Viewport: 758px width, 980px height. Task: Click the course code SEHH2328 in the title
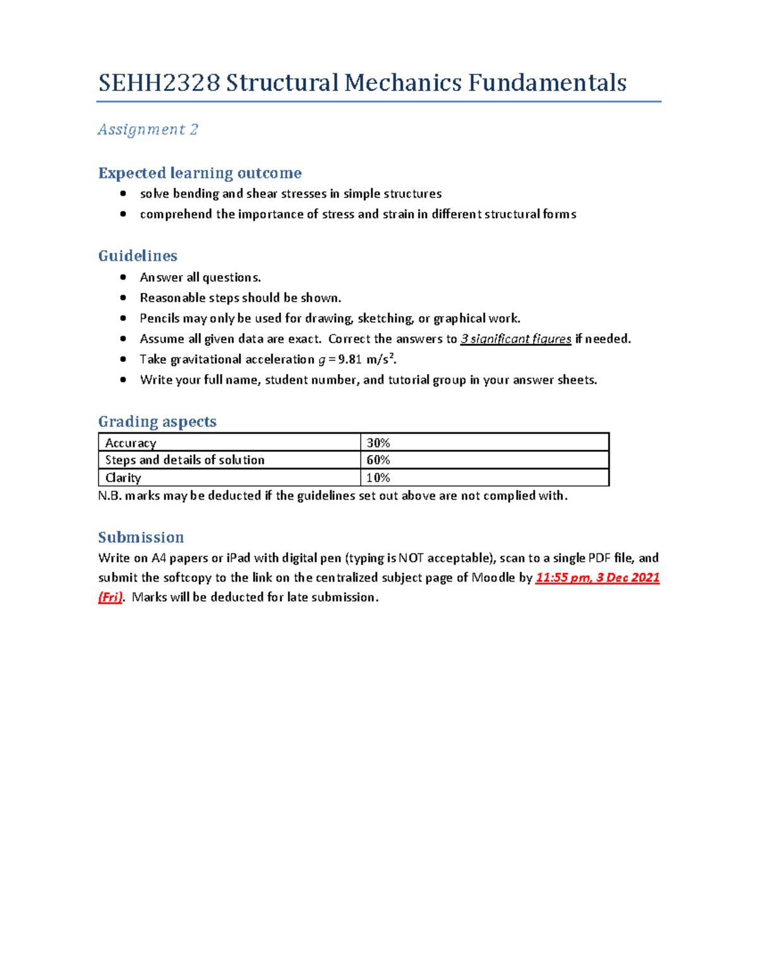pos(159,83)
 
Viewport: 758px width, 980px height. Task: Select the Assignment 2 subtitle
pos(148,129)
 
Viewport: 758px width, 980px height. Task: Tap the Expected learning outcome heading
pos(200,173)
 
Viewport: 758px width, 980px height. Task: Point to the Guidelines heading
pos(138,256)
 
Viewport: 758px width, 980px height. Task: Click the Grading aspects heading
pos(157,422)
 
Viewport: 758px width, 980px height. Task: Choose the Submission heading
pos(141,537)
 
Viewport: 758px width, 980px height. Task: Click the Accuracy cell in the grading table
pos(131,443)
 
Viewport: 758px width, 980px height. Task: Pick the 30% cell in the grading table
pos(378,443)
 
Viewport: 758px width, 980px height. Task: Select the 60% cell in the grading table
pos(378,460)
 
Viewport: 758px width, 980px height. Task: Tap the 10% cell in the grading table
pos(378,478)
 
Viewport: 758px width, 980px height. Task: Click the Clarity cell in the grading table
pos(123,478)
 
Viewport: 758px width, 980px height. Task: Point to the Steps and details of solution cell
pos(184,460)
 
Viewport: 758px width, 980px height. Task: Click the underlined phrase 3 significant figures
pos(515,339)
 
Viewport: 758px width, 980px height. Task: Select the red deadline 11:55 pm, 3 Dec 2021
pos(597,577)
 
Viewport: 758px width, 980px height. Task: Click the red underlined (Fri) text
pos(111,597)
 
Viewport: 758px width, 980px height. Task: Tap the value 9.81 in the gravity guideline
pos(350,360)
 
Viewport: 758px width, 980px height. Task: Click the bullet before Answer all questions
pos(123,277)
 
